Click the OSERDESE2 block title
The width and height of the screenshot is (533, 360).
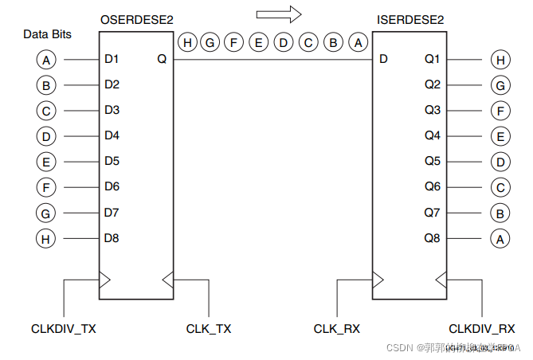click(136, 18)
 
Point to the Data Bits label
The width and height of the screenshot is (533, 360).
click(47, 34)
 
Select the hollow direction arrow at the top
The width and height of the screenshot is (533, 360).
click(278, 14)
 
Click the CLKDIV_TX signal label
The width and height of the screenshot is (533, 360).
click(64, 328)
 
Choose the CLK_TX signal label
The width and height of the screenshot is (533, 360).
click(209, 328)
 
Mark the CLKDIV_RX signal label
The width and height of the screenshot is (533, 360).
click(481, 328)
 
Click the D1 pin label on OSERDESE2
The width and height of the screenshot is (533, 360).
click(112, 59)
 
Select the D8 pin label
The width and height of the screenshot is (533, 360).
click(112, 237)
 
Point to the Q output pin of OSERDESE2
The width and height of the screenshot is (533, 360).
click(162, 59)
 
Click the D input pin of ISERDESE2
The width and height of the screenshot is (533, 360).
click(384, 59)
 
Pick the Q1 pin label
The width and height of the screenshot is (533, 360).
click(433, 59)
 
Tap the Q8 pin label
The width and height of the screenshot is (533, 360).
click(433, 237)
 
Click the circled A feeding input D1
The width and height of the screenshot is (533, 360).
click(47, 59)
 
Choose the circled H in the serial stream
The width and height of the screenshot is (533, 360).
click(186, 42)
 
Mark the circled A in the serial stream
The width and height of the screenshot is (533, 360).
click(358, 42)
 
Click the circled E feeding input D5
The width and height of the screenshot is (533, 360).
click(47, 162)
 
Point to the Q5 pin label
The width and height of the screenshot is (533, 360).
click(433, 161)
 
